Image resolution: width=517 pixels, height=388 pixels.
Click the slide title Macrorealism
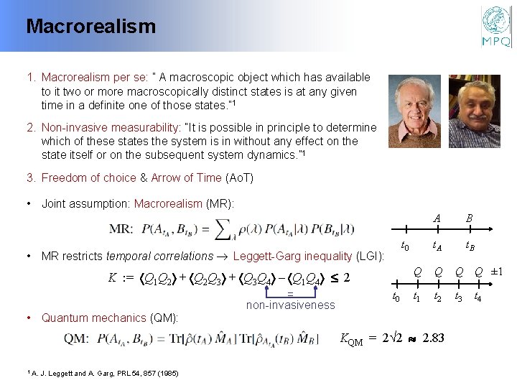pyautogui.click(x=90, y=27)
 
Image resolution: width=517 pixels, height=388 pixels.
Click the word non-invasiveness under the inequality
pyautogui.click(x=290, y=305)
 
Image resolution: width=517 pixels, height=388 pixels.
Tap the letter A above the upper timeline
pyautogui.click(x=437, y=218)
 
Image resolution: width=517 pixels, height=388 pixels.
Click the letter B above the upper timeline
pyautogui.click(x=469, y=218)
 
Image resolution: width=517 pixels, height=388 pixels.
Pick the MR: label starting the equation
pyautogui.click(x=120, y=230)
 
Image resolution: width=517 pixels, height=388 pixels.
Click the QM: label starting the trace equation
pyautogui.click(x=77, y=338)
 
